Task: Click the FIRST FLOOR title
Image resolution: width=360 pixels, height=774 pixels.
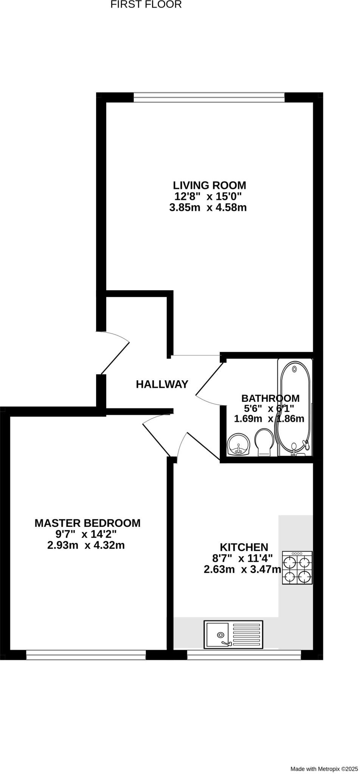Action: (x=146, y=5)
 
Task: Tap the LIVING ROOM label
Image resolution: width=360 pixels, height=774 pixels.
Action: (x=209, y=186)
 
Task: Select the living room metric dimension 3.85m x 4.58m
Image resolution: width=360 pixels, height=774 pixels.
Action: (x=208, y=207)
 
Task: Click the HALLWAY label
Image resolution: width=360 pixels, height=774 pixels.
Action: (x=162, y=384)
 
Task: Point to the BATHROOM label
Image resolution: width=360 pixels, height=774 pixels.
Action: (x=270, y=398)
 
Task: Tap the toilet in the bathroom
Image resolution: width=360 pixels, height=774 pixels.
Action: (x=265, y=442)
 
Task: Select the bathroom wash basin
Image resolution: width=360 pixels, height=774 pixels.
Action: (x=239, y=444)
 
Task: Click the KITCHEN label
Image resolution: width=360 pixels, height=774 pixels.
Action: (x=244, y=547)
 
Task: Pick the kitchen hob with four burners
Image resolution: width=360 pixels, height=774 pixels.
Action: (x=297, y=568)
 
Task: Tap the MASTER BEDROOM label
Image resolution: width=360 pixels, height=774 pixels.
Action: (x=87, y=523)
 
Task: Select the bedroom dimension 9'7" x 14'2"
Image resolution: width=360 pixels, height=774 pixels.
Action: (x=86, y=534)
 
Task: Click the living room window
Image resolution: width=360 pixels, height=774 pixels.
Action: (x=209, y=98)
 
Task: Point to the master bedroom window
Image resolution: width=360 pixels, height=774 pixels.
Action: (x=86, y=655)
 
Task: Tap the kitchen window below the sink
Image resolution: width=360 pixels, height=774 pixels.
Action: (x=244, y=655)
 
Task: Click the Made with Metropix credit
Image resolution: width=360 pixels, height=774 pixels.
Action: (x=324, y=769)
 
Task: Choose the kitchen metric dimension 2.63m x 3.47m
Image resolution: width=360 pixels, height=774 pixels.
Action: (x=242, y=570)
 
